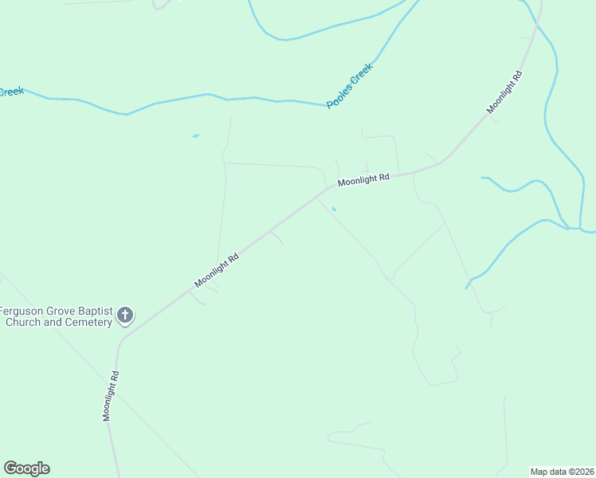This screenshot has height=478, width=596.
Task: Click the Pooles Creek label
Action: coord(350,86)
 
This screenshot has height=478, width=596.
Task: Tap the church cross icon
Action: coord(124,315)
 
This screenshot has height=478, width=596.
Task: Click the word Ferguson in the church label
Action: coord(22,311)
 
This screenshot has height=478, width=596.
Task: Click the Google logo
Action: coord(26,468)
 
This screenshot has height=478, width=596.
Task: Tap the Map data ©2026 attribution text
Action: coord(563,471)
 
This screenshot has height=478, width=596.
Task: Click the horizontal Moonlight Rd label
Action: coord(363,180)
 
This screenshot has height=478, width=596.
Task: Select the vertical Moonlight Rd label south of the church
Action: coord(110,396)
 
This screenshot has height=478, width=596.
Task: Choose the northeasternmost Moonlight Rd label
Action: coord(505,92)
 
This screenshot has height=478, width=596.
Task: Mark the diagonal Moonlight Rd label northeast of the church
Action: coord(217,272)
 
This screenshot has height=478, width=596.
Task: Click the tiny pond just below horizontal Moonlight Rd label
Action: coord(334,210)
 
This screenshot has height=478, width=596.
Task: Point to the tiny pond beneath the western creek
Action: coord(195,136)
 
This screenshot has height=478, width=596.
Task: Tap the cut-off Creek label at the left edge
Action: coord(11,92)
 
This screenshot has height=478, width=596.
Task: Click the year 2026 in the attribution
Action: coord(583,471)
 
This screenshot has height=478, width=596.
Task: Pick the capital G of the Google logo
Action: coord(10,468)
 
